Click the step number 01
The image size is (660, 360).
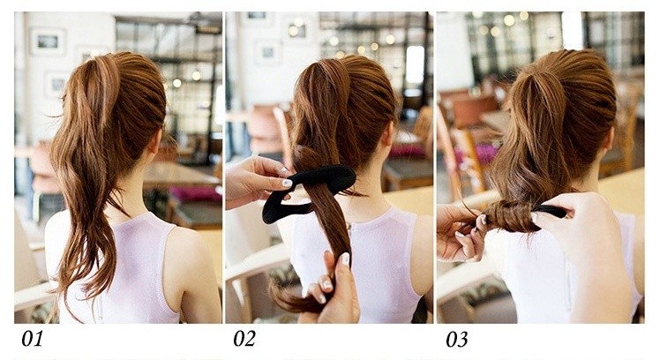(x=33, y=339)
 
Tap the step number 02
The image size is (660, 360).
(x=244, y=339)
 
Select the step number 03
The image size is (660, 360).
(x=457, y=339)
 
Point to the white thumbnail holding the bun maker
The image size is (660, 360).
(x=287, y=184)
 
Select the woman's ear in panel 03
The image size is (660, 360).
(x=606, y=141)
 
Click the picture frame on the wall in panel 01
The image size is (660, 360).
(x=48, y=41)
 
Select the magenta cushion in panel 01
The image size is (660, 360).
(x=196, y=194)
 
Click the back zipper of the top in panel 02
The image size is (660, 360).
(x=349, y=231)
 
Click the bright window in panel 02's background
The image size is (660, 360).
(x=415, y=67)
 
